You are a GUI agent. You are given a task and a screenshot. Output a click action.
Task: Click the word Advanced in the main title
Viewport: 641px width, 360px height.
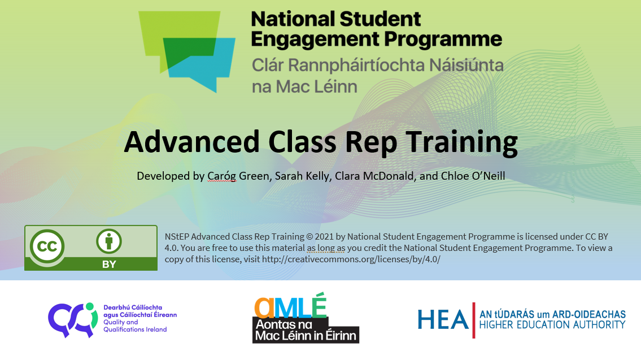191,141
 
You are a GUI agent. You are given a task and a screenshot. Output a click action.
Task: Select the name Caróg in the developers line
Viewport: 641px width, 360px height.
221,176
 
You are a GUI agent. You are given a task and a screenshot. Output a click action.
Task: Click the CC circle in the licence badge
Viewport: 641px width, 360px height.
47,246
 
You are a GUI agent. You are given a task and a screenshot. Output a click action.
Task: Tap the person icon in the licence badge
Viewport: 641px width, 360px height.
109,241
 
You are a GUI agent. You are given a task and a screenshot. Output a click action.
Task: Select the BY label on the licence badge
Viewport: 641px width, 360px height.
109,264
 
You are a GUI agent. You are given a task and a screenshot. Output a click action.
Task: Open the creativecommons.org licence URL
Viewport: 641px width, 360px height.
351,259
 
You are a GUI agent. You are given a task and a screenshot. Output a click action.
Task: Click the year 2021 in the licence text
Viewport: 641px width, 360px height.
325,236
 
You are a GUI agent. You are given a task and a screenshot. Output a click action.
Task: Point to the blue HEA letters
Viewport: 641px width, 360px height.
443,319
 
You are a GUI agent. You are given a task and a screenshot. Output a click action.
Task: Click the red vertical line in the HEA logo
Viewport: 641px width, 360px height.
474,320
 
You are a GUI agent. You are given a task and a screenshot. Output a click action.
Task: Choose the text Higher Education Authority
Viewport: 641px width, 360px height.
552,325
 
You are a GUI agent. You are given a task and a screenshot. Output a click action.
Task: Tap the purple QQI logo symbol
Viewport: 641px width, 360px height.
73,319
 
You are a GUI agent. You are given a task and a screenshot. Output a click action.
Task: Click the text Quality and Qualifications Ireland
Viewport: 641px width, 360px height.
135,326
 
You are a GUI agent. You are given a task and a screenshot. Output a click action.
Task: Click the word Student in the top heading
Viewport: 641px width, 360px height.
380,19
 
